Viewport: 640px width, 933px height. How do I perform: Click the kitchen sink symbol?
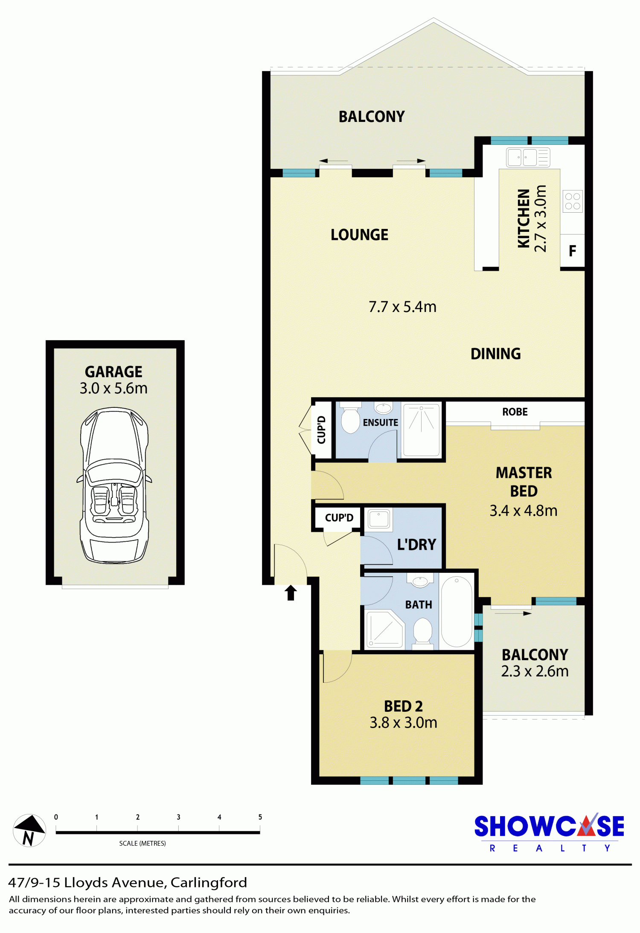click(x=528, y=157)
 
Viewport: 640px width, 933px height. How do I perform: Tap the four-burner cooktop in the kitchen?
click(x=572, y=201)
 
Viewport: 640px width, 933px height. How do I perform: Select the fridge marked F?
click(x=572, y=251)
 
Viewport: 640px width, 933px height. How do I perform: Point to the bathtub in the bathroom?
click(x=457, y=612)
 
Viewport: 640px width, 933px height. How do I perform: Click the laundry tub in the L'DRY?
click(x=378, y=520)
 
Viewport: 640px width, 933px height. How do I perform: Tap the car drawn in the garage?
click(x=114, y=485)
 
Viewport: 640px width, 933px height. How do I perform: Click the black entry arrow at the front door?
click(x=291, y=592)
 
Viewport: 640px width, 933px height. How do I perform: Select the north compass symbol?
click(x=29, y=830)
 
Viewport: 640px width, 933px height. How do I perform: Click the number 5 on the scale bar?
click(x=260, y=817)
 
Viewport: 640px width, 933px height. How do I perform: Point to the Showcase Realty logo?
click(x=549, y=833)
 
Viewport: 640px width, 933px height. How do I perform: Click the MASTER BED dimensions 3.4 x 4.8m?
click(x=524, y=511)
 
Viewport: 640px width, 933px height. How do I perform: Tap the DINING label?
click(x=495, y=354)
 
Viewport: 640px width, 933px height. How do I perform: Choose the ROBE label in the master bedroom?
click(x=515, y=412)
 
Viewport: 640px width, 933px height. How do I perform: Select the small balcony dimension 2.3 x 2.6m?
click(x=535, y=671)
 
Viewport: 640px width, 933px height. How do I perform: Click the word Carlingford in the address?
click(x=209, y=882)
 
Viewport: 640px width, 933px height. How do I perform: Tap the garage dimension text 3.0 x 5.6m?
click(x=113, y=388)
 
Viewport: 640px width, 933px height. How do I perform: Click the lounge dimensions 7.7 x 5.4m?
click(x=402, y=307)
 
